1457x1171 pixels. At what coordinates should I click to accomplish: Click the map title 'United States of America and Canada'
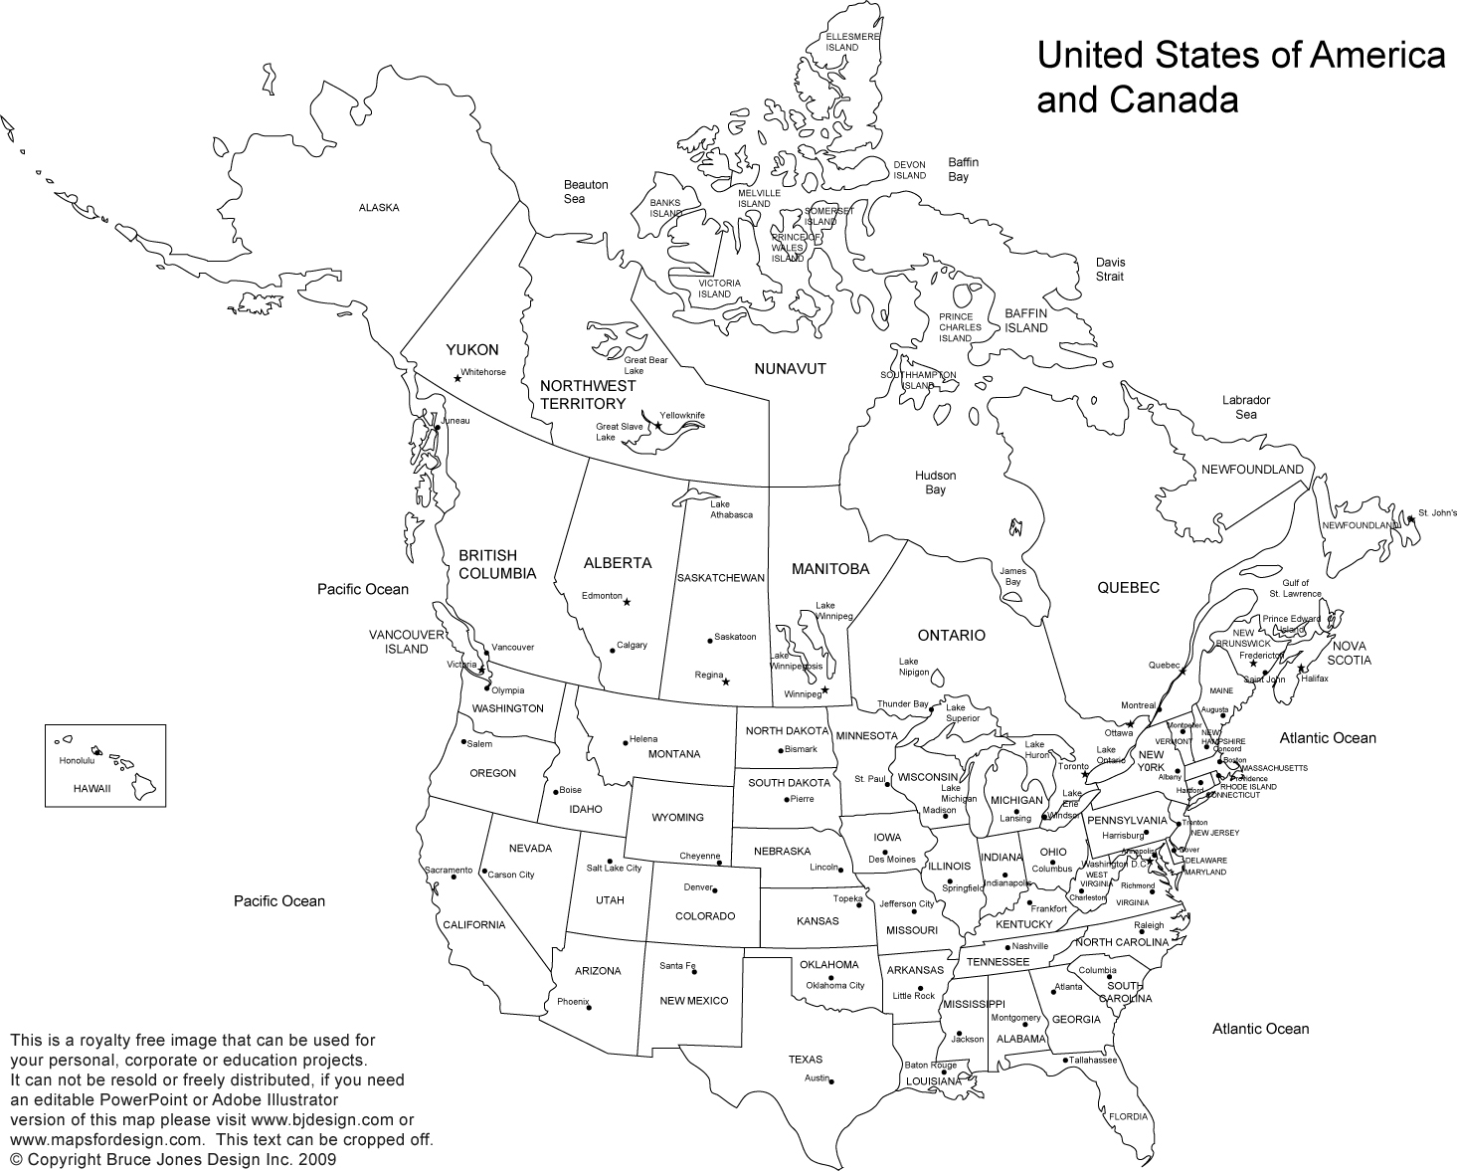(x=1240, y=78)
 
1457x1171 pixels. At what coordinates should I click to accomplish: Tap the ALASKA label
(x=379, y=208)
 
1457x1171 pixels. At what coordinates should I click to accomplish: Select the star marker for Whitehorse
(x=457, y=378)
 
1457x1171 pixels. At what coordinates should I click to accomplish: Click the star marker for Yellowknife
(x=657, y=426)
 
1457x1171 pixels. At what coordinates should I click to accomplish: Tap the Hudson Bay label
(x=935, y=483)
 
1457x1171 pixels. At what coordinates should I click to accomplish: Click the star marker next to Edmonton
(x=627, y=602)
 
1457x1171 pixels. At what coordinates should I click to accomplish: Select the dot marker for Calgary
(x=612, y=652)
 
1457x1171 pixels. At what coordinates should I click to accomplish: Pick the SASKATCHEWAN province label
(x=720, y=578)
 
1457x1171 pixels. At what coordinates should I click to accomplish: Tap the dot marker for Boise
(x=554, y=792)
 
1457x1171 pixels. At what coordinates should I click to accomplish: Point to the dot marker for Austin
(x=831, y=1081)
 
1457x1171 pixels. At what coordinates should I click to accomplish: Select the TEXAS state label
(x=806, y=1060)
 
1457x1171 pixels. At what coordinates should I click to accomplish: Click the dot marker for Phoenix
(x=590, y=1008)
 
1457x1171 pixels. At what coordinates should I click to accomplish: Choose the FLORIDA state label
(x=1128, y=1116)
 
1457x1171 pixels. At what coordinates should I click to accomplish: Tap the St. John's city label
(x=1437, y=513)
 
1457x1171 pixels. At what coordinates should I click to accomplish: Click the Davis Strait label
(x=1110, y=269)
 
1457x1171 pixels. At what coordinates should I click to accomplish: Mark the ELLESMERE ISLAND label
(x=852, y=42)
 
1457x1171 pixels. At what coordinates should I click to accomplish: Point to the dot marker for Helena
(x=625, y=741)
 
